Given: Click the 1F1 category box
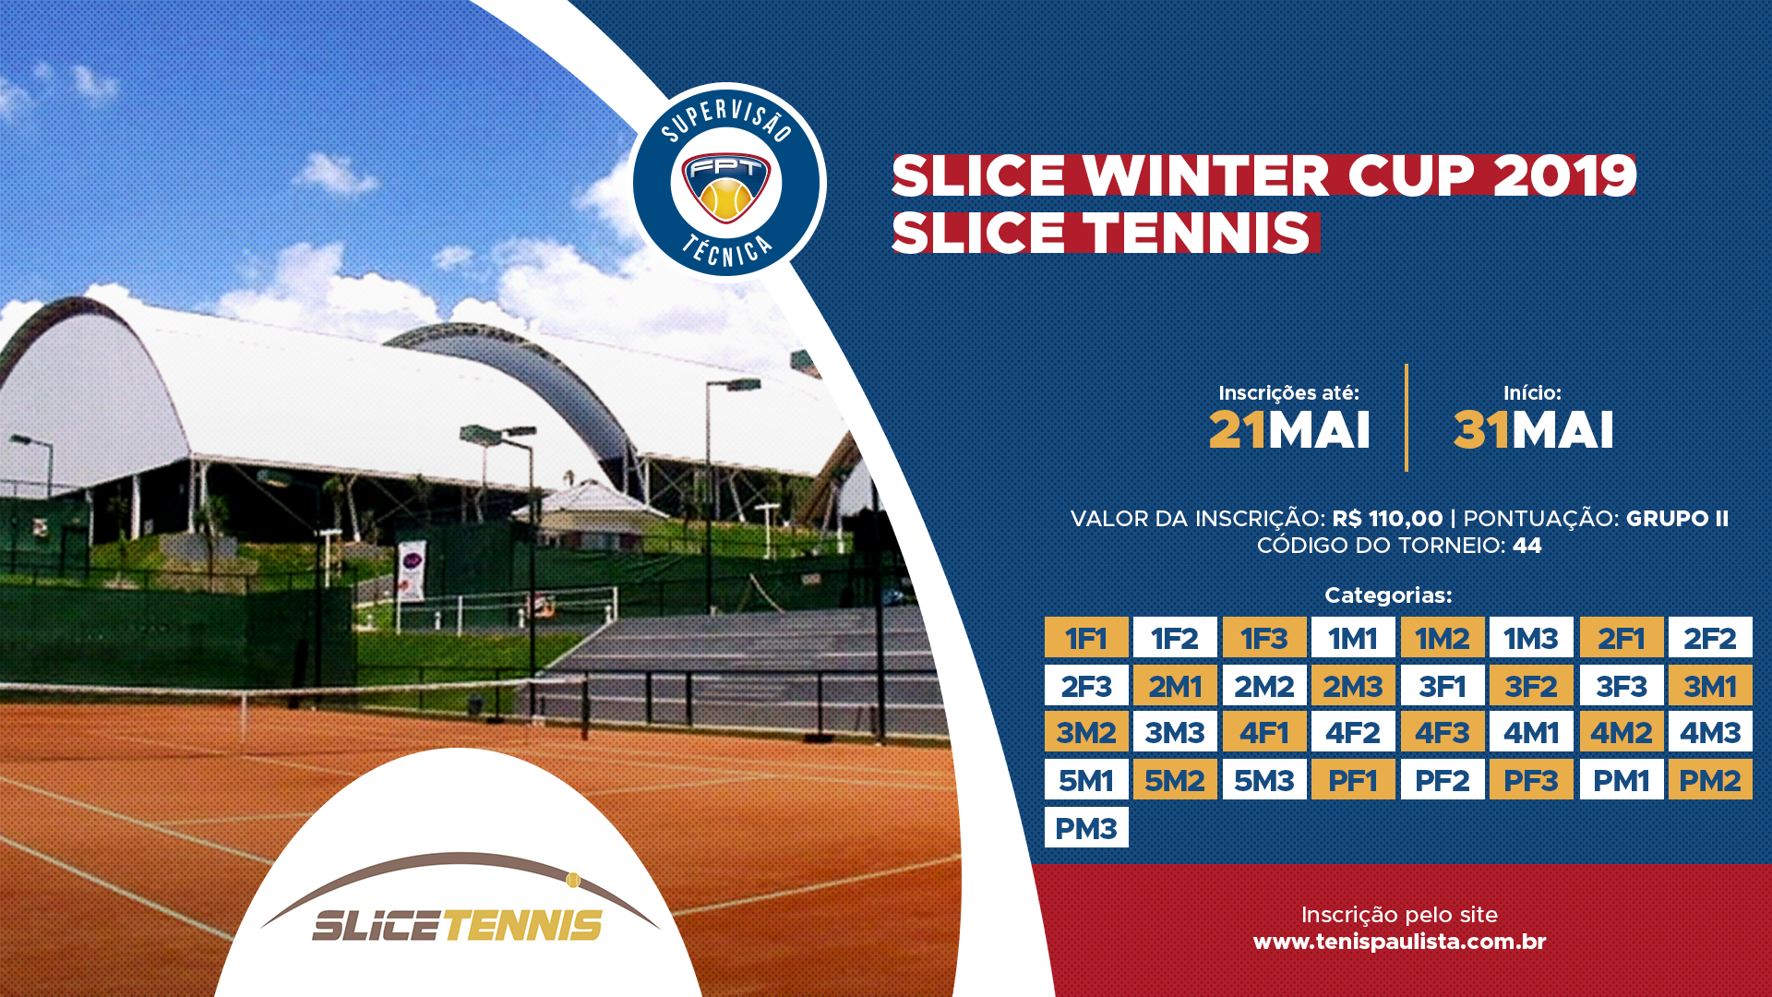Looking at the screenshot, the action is (1086, 637).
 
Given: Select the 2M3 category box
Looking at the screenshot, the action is (1353, 685).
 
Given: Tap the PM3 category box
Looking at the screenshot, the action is (1086, 827).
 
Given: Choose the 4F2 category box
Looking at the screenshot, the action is (1353, 732).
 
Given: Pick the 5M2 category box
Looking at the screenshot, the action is (1175, 779).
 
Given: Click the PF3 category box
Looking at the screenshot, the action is (1531, 779).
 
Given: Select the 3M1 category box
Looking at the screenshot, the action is (1710, 685).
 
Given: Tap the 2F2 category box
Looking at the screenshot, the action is (1710, 637).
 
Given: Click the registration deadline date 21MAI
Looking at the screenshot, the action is (1289, 430).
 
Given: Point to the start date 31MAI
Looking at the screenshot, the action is (1533, 430).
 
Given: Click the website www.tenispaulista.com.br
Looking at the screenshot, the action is (1399, 942).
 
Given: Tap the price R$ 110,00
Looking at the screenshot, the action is (1387, 519).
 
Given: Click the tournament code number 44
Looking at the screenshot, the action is (1527, 546).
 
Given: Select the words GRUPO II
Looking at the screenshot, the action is (1677, 519).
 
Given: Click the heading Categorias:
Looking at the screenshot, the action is (1388, 595).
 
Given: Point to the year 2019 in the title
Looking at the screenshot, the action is (1564, 175).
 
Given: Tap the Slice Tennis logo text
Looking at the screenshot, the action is (458, 925).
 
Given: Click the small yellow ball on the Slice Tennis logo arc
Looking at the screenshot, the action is (572, 880).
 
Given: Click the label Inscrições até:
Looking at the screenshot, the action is (1288, 393).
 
